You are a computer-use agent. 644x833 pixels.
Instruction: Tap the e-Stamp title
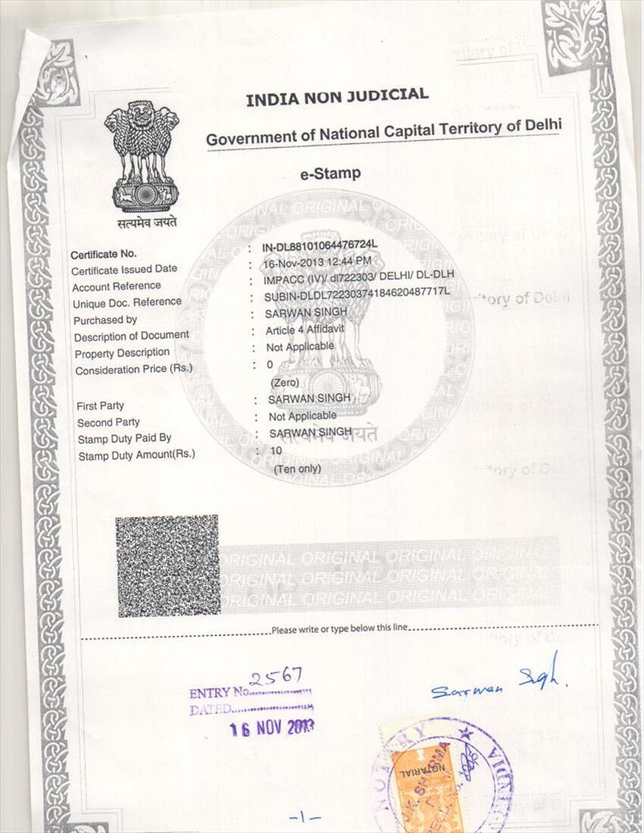click(x=331, y=173)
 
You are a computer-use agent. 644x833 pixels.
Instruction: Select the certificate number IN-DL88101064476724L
click(x=320, y=245)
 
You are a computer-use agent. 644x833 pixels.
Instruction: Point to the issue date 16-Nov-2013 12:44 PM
click(x=317, y=262)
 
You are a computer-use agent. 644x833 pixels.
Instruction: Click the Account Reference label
click(x=116, y=286)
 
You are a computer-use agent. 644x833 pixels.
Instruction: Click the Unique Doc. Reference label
click(x=126, y=303)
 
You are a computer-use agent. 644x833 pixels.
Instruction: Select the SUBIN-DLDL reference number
click(x=357, y=294)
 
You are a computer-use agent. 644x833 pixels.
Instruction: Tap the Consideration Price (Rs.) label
click(x=134, y=370)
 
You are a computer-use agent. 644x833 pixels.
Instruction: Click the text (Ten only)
click(x=296, y=469)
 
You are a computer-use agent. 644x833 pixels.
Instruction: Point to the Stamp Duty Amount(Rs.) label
click(x=136, y=455)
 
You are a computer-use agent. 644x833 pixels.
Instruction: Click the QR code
click(x=167, y=565)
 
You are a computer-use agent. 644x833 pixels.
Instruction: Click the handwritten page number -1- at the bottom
click(x=304, y=816)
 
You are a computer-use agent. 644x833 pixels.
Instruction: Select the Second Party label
click(x=108, y=422)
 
